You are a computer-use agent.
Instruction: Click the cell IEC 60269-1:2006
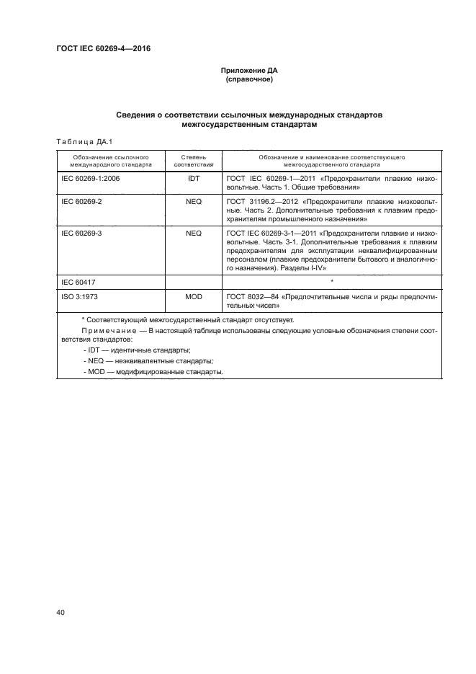91,177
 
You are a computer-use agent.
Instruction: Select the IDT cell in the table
193,177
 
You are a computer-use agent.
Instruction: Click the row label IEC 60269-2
82,202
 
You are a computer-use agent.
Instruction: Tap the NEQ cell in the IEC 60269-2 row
193,202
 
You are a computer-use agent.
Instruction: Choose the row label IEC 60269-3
82,234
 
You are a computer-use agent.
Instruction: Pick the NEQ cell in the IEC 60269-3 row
193,234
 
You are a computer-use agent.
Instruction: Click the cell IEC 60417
78,281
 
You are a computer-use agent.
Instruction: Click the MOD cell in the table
193,296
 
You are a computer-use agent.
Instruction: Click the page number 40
60,613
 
